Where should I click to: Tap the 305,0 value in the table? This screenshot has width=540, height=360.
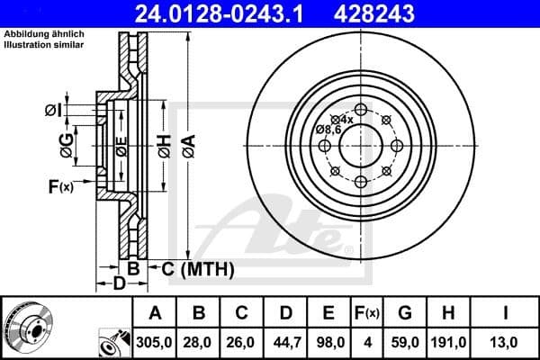click(x=155, y=343)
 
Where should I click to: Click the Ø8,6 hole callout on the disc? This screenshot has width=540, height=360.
click(x=328, y=130)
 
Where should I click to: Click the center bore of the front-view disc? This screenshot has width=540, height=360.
click(x=360, y=144)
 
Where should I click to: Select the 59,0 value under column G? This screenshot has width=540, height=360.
click(x=404, y=343)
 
